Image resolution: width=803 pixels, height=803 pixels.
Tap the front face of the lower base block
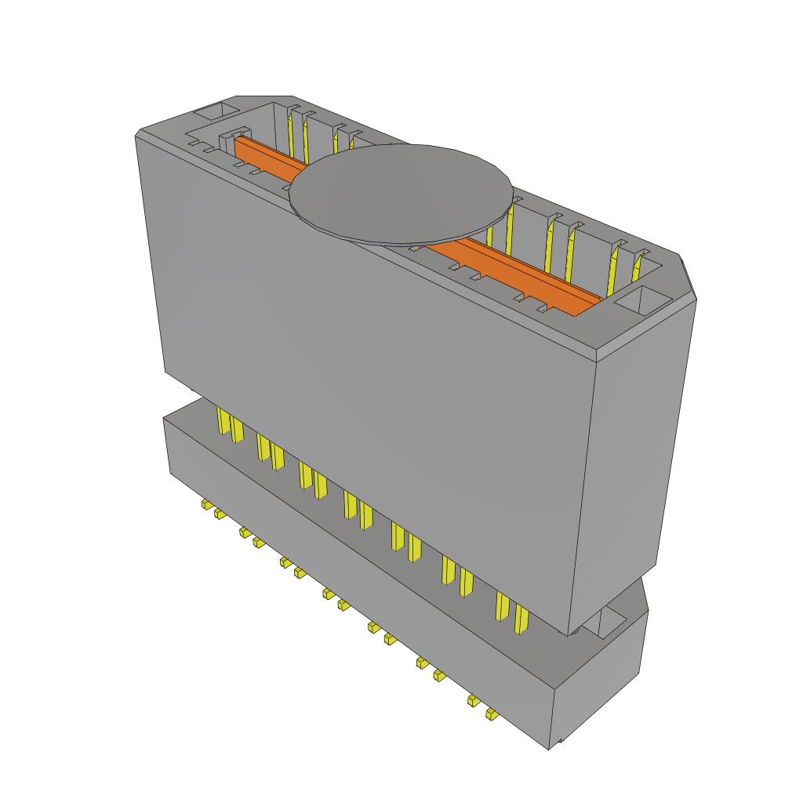pos(353,580)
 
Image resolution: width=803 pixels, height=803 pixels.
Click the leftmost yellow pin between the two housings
pos(223,423)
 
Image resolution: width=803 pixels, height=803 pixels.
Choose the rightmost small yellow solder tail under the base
pos(491,714)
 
